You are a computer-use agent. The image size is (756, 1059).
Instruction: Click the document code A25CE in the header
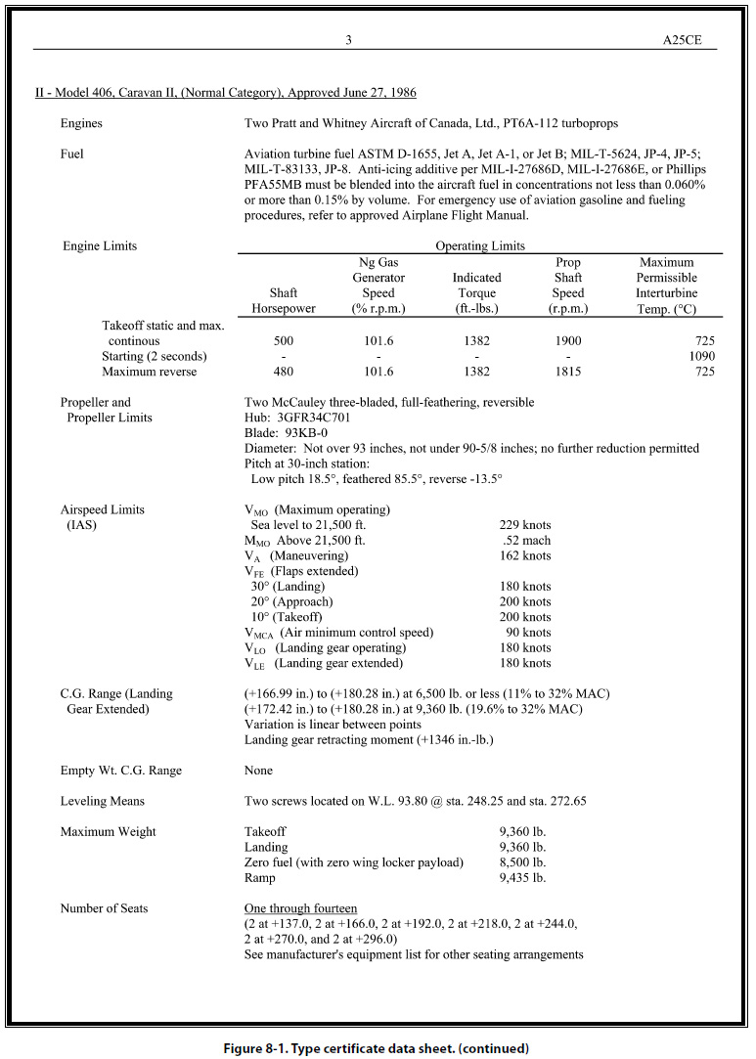[690, 40]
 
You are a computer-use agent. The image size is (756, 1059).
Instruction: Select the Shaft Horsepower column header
[284, 300]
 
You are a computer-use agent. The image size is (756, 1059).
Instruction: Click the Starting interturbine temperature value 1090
[701, 356]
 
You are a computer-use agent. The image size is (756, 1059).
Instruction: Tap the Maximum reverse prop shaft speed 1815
[567, 372]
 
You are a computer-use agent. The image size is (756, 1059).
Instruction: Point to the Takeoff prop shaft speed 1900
[567, 341]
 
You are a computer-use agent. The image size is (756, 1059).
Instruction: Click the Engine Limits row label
[99, 245]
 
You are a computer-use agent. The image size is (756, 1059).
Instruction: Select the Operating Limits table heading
[479, 245]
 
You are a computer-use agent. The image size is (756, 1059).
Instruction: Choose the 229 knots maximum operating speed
[524, 525]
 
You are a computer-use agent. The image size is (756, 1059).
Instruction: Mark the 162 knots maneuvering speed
[524, 555]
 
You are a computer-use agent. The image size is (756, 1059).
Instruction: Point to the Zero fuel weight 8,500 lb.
[522, 862]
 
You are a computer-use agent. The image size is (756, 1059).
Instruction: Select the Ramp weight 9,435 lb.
[522, 877]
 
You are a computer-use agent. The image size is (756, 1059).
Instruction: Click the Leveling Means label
[103, 801]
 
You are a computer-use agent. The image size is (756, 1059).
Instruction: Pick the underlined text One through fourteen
[300, 908]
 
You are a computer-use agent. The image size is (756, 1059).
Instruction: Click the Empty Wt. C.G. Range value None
[258, 771]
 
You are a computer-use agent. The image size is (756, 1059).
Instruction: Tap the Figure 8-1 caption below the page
[377, 1048]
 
